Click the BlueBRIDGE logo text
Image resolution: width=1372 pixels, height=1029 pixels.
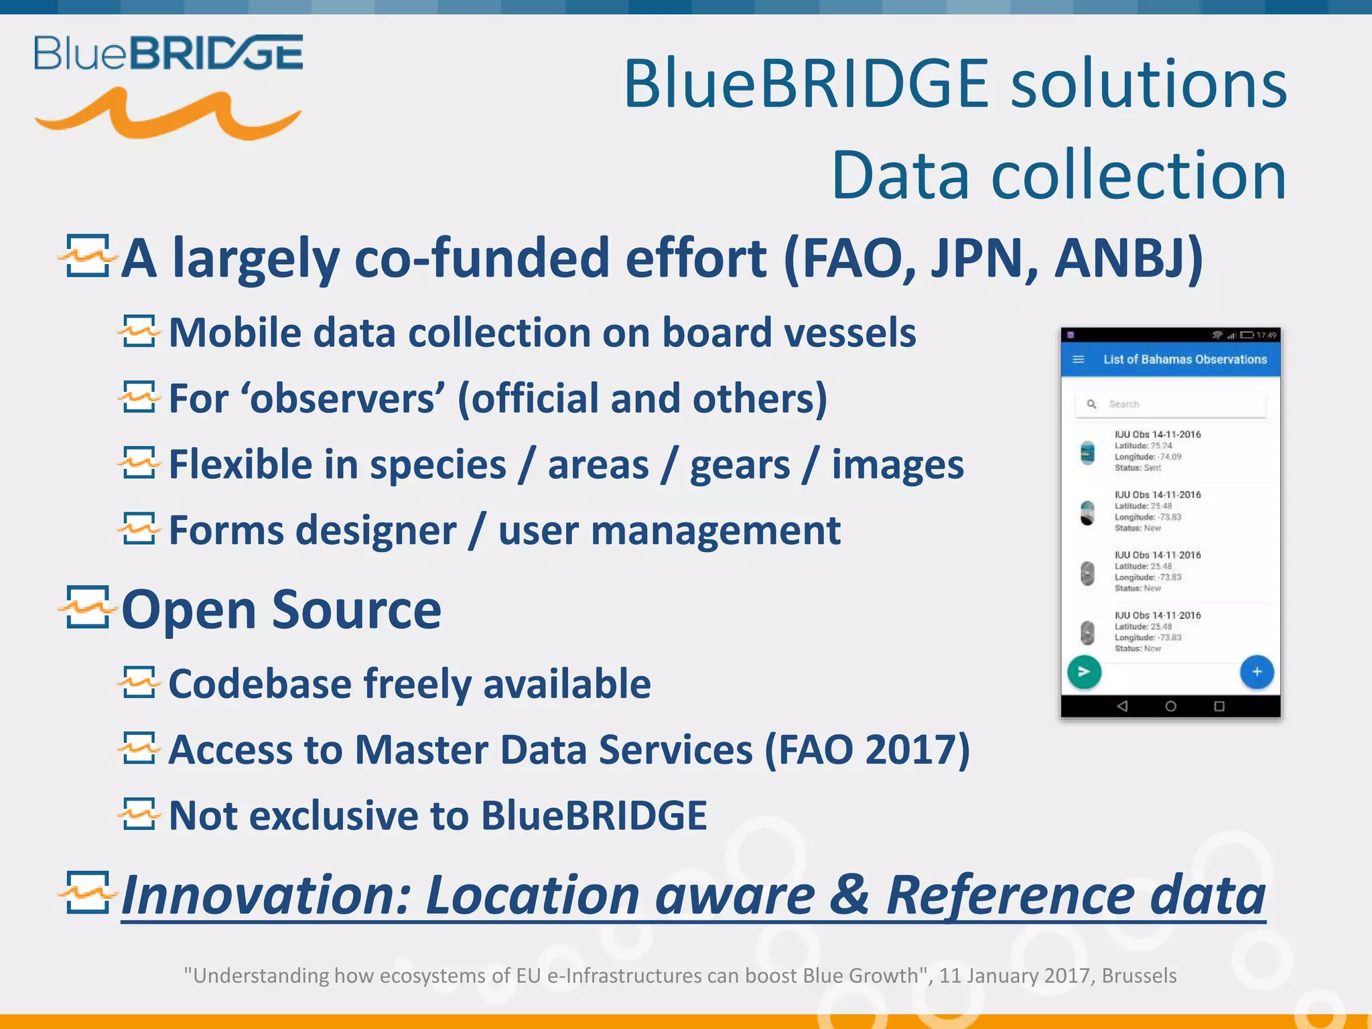pyautogui.click(x=168, y=54)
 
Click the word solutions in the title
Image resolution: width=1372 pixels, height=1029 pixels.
pyautogui.click(x=1148, y=84)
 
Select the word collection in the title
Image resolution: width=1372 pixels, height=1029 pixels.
pyautogui.click(x=1138, y=176)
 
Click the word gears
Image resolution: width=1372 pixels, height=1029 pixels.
pyautogui.click(x=740, y=465)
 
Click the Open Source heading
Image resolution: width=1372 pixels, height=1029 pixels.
pyautogui.click(x=281, y=610)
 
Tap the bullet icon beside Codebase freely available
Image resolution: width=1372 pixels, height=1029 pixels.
pyautogui.click(x=139, y=683)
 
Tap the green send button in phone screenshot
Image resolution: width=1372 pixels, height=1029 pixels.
pyautogui.click(x=1083, y=672)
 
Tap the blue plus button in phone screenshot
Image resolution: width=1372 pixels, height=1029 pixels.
pyautogui.click(x=1256, y=672)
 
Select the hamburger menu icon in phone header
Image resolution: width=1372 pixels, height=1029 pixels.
pyautogui.click(x=1078, y=360)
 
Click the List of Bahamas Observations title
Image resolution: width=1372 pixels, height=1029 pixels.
pyautogui.click(x=1184, y=360)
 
